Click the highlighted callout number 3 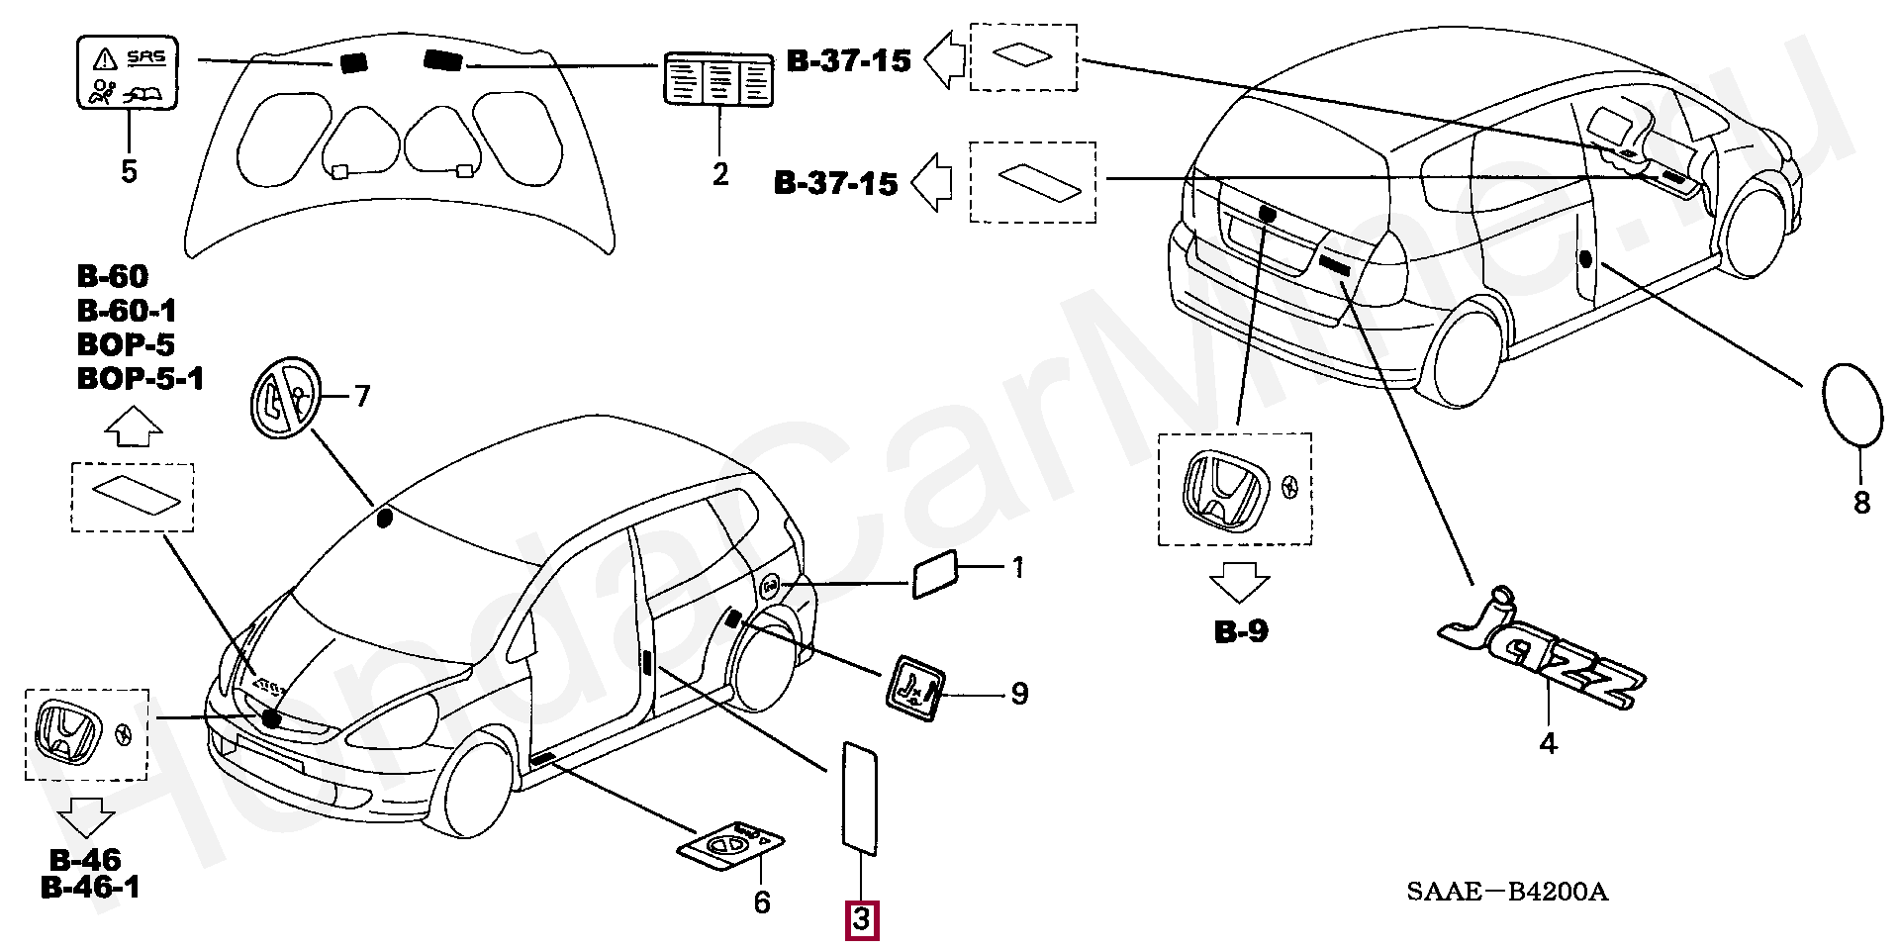[861, 920]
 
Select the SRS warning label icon [128, 72]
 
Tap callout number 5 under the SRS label [129, 171]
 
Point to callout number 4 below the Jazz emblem [1549, 743]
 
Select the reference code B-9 [1241, 631]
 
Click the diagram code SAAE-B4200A [1507, 892]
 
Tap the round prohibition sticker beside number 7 [285, 397]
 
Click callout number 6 [762, 902]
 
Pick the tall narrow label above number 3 [859, 798]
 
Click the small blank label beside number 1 [934, 574]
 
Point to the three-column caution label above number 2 [717, 79]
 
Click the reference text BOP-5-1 [141, 379]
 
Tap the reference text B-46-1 [90, 888]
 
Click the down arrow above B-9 [1239, 582]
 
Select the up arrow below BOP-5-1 [134, 427]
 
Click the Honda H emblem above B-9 [1225, 489]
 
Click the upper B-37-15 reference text [848, 61]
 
